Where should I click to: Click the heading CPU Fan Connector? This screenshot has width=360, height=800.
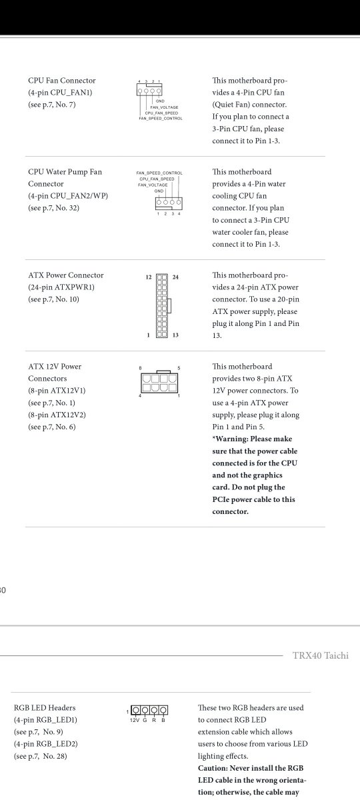point(62,81)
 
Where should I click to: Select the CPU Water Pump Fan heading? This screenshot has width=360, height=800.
point(65,172)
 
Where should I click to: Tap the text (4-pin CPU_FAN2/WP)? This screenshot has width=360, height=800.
point(68,196)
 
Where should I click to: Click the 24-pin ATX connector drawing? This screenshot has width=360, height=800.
point(161,306)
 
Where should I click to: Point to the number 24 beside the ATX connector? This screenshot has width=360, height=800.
point(175,277)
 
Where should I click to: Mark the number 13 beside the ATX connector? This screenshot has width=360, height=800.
point(175,335)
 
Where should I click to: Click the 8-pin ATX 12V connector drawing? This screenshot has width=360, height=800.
point(160,383)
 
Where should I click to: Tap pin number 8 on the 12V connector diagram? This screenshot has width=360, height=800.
point(140,368)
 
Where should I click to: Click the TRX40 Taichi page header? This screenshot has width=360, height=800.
point(321,655)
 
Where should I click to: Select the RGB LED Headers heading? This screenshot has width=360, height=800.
point(45,708)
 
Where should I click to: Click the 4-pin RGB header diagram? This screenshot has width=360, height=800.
point(149,711)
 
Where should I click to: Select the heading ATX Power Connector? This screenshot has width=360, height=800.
point(66,275)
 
